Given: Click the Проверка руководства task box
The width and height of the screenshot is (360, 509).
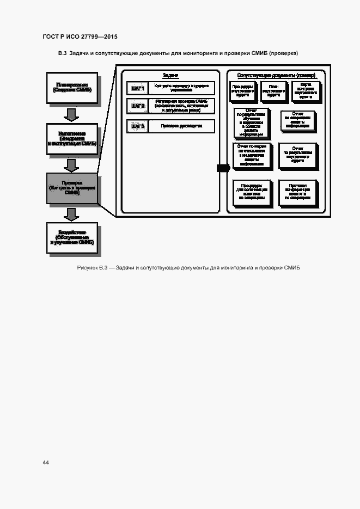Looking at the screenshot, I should [181, 126].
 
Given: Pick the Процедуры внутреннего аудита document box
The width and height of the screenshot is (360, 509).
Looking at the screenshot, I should [241, 90].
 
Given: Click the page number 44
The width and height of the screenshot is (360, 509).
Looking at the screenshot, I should [46, 462].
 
